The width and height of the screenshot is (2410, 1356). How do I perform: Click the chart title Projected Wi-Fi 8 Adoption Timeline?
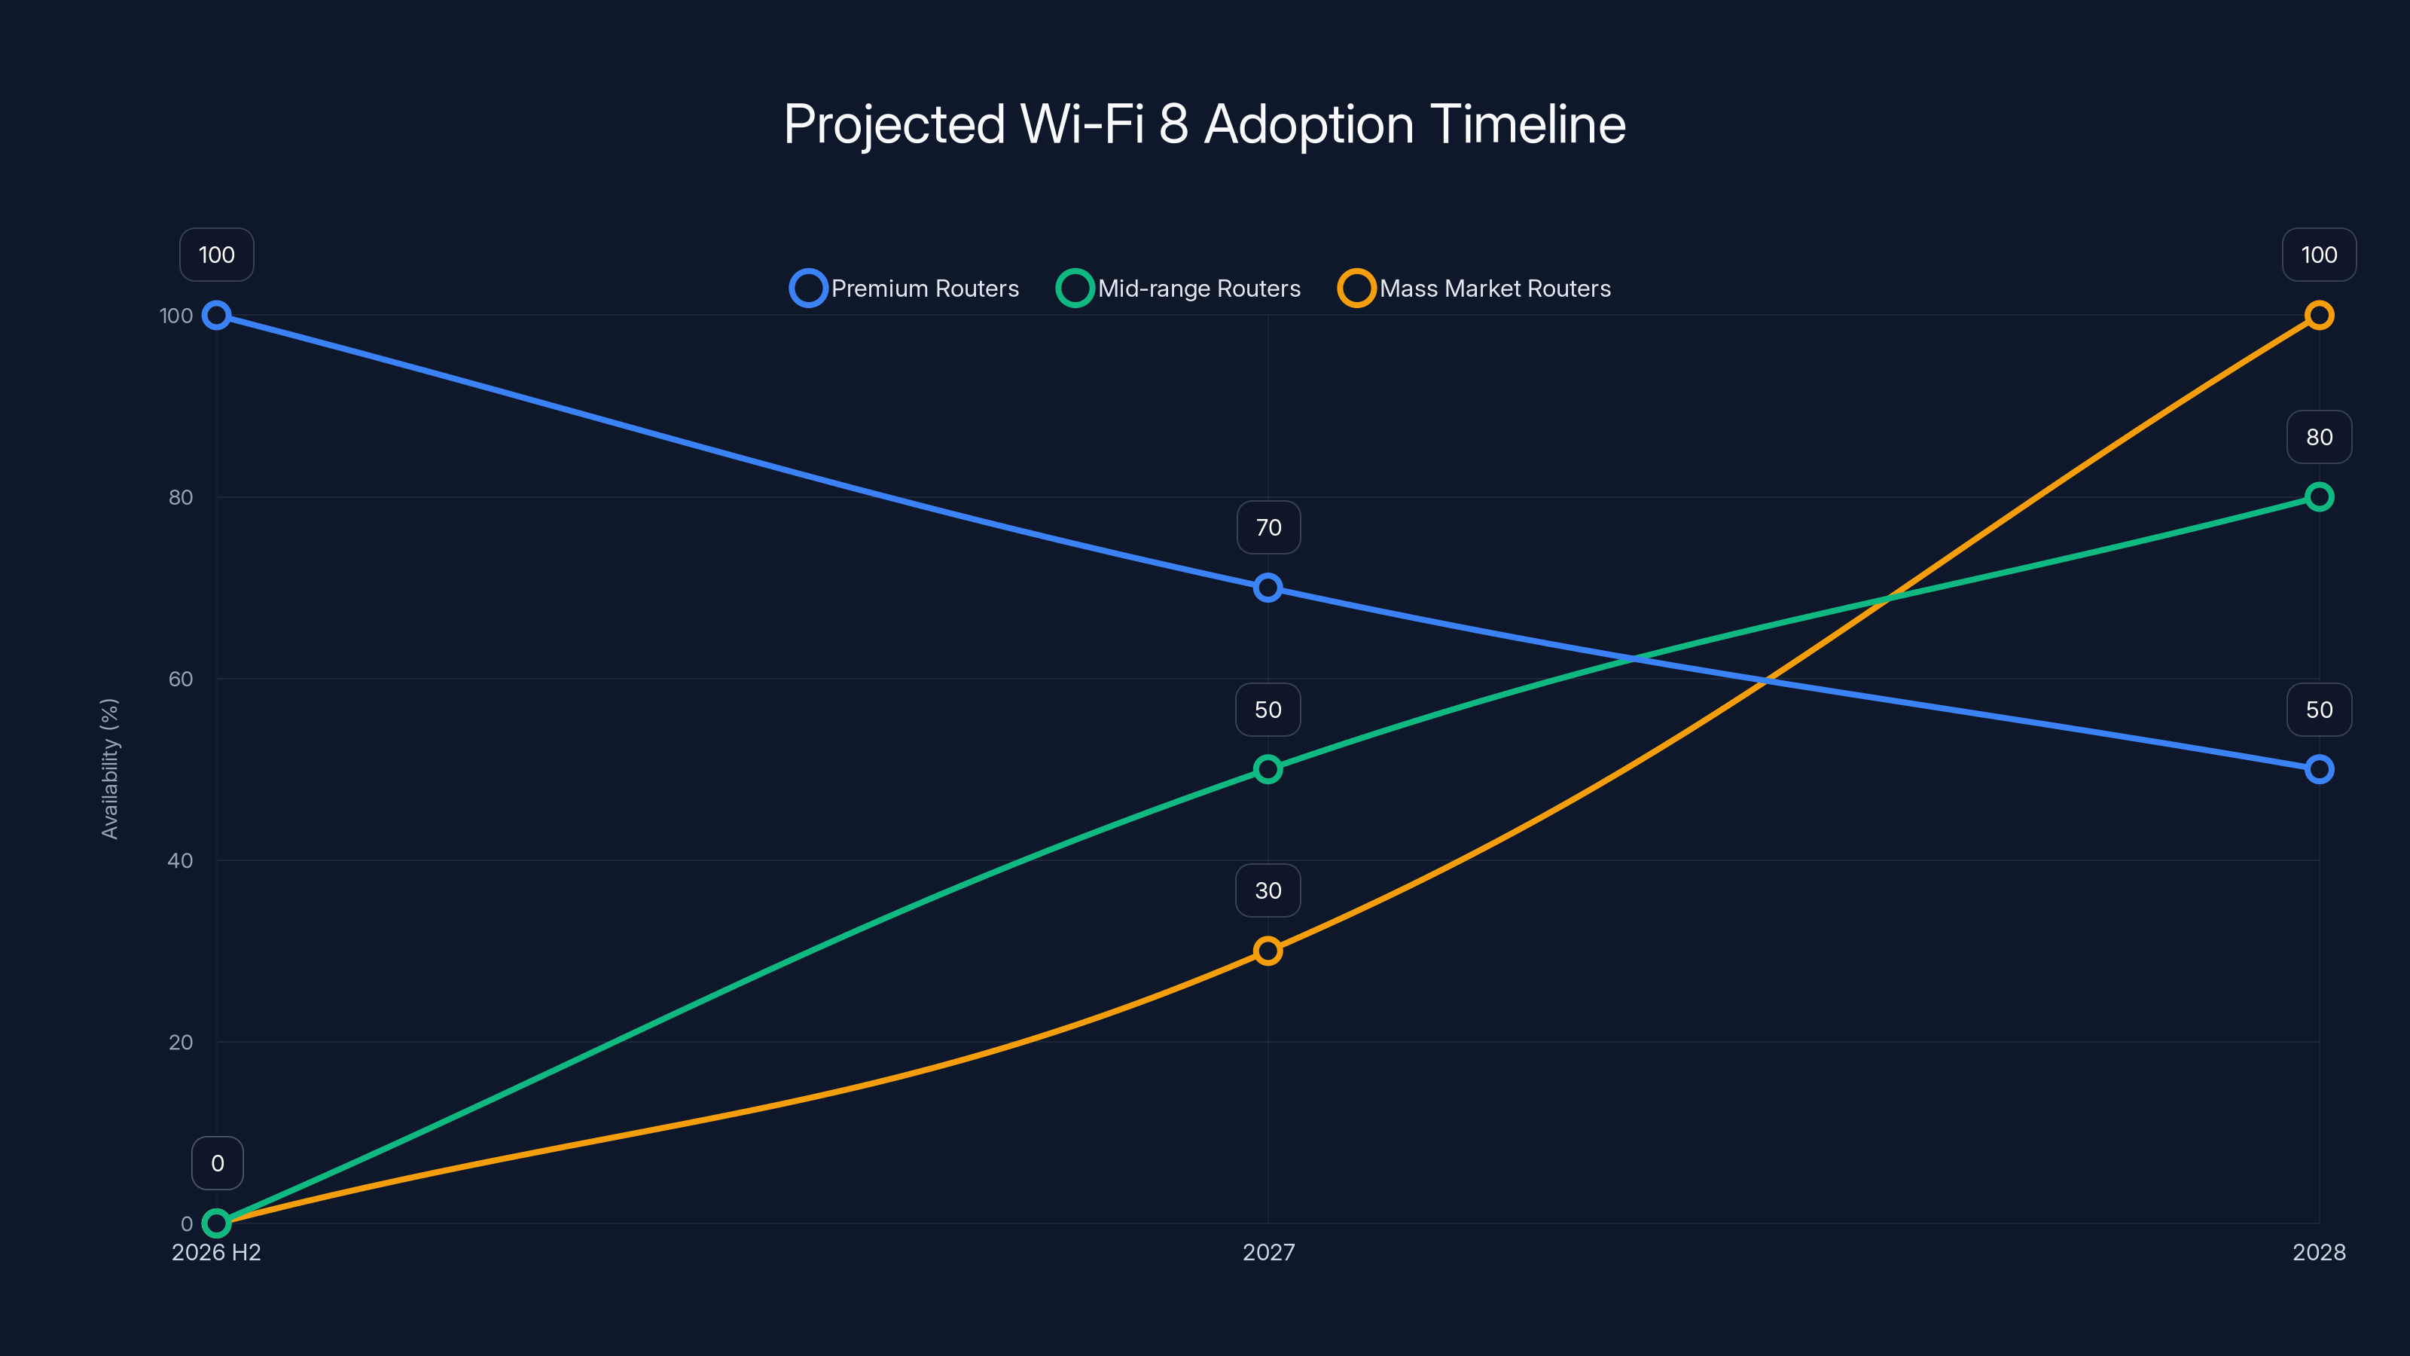click(1204, 124)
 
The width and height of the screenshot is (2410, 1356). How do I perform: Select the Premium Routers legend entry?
click(905, 289)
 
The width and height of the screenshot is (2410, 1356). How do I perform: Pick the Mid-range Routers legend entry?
click(1179, 289)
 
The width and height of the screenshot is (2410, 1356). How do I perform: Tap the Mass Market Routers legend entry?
click(1475, 289)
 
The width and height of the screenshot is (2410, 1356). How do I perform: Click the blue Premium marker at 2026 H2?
click(216, 316)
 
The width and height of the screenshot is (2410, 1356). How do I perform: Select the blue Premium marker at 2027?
click(1268, 588)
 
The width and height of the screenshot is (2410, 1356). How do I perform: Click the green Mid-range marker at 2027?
click(1268, 769)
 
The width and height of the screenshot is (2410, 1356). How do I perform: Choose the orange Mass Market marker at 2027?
click(1268, 951)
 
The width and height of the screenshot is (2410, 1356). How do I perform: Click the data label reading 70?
click(1268, 528)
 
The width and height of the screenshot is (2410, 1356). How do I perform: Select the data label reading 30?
click(1268, 891)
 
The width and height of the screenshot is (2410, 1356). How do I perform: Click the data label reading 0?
click(217, 1163)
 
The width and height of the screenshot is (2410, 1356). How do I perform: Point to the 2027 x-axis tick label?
click(1268, 1252)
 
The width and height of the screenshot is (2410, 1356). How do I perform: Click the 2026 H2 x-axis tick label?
click(216, 1252)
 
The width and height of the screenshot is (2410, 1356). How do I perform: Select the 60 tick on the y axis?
click(181, 679)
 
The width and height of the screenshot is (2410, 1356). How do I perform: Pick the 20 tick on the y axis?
click(181, 1042)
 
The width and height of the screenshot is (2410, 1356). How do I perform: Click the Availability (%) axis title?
click(109, 768)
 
